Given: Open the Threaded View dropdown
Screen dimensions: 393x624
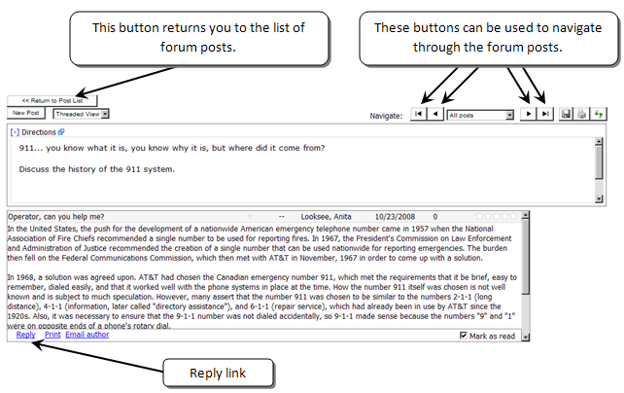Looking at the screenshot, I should point(81,114).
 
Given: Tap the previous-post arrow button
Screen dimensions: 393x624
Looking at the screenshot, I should point(435,114).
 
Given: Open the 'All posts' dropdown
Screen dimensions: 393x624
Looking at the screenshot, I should point(480,115).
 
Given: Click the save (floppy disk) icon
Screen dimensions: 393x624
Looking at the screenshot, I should point(567,114).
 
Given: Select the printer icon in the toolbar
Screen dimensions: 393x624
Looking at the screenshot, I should point(581,114).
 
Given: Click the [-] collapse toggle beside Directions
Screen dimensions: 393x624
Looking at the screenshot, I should point(15,131).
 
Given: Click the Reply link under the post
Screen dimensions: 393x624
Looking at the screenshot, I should point(25,335).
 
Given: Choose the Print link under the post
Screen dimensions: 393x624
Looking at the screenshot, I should point(52,335).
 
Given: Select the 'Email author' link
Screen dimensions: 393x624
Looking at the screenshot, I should point(87,335).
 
